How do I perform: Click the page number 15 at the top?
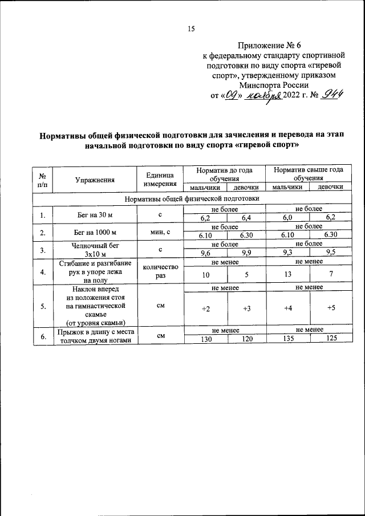(191, 30)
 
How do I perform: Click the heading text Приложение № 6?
(275, 45)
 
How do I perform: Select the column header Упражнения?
(95, 179)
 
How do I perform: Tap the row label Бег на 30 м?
(95, 214)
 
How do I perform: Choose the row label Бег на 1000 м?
(95, 233)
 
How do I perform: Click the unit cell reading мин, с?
(159, 233)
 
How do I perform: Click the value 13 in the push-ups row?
(287, 274)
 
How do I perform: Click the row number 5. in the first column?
(42, 306)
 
